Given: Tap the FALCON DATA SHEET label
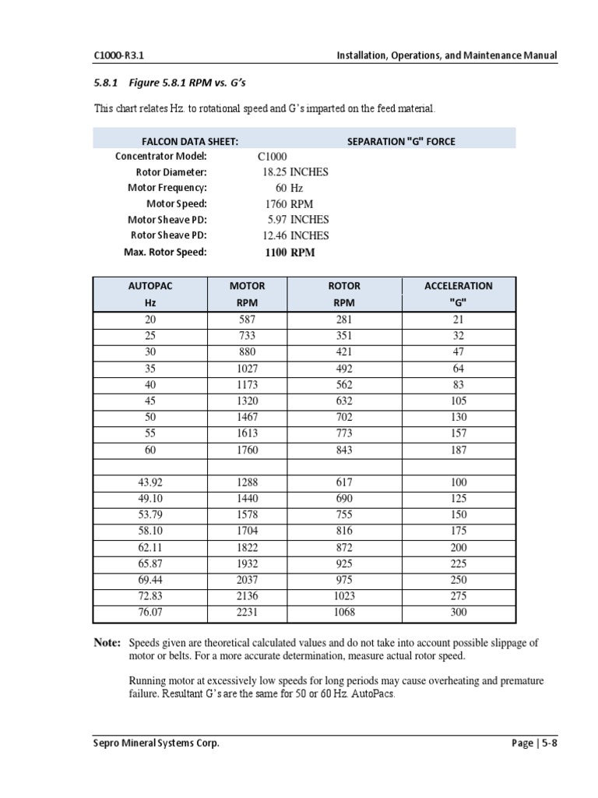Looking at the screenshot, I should point(189,141).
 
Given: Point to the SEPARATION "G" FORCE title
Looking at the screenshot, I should point(400,141).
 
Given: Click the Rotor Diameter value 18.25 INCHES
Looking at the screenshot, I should point(295,172).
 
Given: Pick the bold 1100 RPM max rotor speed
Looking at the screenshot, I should point(290,252).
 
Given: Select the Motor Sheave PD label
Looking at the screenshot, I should point(167,220).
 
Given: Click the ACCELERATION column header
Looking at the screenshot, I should point(458,286).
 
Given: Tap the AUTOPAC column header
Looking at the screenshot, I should point(150,286).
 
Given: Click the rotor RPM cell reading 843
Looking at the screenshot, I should point(343,450).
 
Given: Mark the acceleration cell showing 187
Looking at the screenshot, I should point(459,450).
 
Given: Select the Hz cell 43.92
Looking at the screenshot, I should point(150,483).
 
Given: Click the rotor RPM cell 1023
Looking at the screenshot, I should point(343,596).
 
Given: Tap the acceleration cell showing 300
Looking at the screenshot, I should point(459,613).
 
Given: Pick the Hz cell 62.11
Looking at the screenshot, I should point(150,548).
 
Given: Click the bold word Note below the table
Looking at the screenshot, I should point(107,643).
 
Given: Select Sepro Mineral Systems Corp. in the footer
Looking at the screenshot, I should point(157,743).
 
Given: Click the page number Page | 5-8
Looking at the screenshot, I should point(535,743).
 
